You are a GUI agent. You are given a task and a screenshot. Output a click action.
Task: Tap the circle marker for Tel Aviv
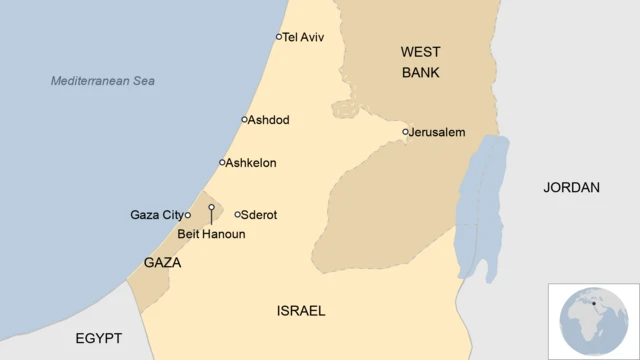coord(279,37)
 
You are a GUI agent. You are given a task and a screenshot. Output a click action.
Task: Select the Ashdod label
coord(268,120)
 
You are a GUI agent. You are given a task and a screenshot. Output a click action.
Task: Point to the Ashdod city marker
coord(244,120)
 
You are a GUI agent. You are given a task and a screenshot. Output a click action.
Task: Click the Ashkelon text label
coord(251,163)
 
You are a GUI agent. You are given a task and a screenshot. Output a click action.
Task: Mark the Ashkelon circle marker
coord(222,163)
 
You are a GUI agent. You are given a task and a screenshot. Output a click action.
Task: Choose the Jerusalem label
coord(438,132)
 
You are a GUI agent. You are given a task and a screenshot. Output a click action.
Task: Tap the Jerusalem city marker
coord(406,132)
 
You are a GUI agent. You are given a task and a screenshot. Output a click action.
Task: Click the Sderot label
coord(260,215)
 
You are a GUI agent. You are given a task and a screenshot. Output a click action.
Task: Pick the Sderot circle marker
coord(238,214)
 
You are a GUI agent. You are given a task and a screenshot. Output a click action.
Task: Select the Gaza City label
coord(157,215)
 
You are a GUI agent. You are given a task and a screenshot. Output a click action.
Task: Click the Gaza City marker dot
coord(187,215)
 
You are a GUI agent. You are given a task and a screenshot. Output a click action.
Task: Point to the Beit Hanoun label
coord(211,234)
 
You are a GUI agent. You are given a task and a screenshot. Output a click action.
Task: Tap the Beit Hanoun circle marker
coord(211,208)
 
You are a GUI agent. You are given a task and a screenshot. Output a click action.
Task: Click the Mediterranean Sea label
coord(110,80)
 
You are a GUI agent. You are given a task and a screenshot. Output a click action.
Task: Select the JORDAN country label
coord(571,187)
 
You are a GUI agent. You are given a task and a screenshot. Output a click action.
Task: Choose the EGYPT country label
coord(99,338)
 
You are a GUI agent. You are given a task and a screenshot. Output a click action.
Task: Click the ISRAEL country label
coord(301,311)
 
